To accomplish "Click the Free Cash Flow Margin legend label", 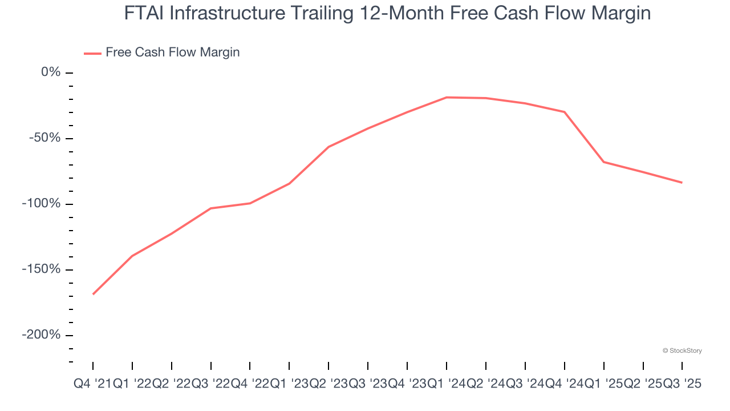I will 172,53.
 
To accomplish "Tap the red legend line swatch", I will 92,53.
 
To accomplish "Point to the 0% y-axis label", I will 51,72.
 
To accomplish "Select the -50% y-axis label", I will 45,138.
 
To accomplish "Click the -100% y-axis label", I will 42,204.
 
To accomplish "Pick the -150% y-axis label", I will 42,269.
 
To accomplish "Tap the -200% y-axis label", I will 42,335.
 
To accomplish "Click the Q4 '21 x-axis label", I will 93,385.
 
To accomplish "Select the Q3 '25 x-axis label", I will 682,385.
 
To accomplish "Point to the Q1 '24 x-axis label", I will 447,385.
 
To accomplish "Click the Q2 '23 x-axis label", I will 328,385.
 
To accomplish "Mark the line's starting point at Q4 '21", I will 93,294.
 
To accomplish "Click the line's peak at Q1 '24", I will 447,97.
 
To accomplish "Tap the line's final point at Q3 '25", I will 682,183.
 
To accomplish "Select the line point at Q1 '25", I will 603,162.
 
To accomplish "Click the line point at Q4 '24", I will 564,112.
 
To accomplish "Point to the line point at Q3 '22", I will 211,208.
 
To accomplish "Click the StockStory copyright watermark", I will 682,350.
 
